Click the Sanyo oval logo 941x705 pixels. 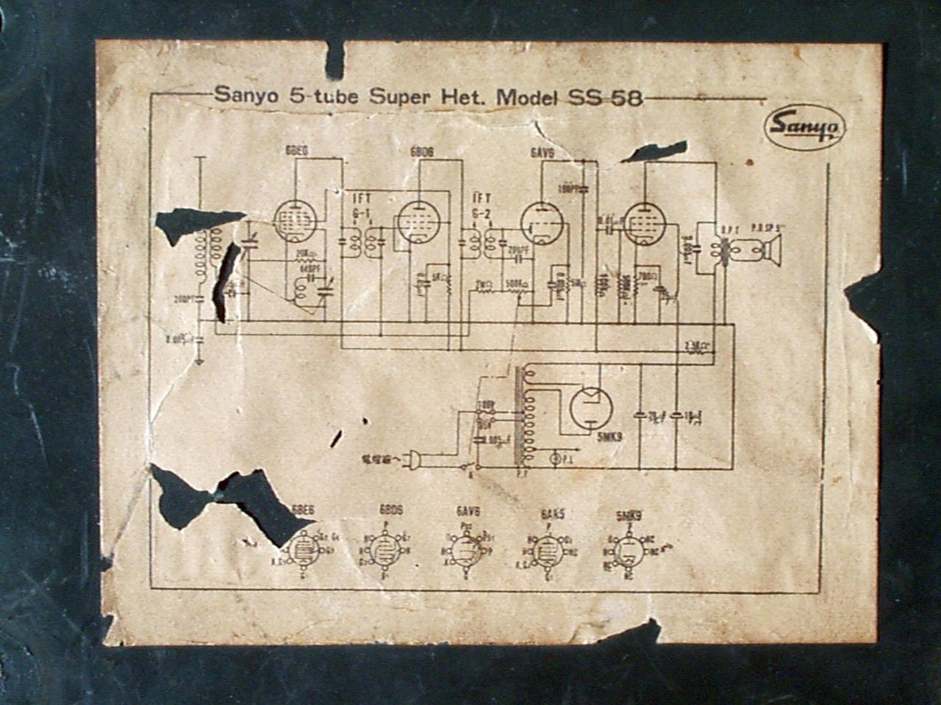(805, 128)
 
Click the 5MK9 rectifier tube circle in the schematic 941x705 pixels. (591, 408)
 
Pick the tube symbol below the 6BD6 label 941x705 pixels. (418, 221)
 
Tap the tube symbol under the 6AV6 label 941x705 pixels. (541, 222)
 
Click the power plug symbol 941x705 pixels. (413, 460)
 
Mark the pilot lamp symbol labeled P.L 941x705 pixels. (557, 459)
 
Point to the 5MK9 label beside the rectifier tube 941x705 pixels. (607, 437)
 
